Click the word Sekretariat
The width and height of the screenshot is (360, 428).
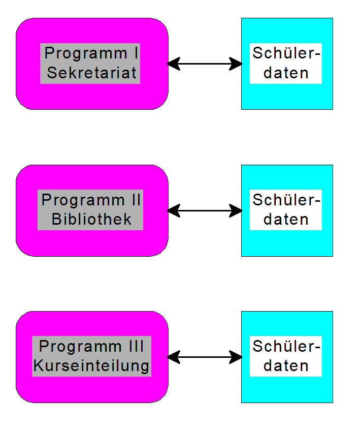pos(92,73)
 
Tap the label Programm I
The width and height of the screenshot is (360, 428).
pos(92,53)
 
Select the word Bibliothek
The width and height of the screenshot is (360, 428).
pos(92,219)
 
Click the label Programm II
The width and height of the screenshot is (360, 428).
pos(92,200)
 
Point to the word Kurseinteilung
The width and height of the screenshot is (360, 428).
pos(92,365)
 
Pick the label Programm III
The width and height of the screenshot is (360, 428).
pos(92,347)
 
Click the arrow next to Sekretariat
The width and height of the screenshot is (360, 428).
pos(205,64)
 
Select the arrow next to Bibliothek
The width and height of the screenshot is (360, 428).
pos(205,210)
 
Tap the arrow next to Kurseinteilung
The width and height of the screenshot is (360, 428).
pos(205,357)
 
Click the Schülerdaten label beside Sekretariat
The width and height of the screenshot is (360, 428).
pos(286,63)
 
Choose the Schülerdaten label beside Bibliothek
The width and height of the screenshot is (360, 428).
pos(286,209)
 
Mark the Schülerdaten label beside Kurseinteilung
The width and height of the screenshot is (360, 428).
pos(286,356)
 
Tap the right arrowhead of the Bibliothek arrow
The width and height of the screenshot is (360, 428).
pos(236,210)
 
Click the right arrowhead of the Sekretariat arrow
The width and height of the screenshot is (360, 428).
pos(236,64)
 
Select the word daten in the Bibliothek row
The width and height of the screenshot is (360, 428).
pos(286,220)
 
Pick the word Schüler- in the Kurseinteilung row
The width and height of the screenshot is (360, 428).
pos(286,347)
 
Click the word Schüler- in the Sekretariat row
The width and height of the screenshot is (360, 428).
pos(286,53)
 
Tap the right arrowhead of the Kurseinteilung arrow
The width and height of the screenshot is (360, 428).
pos(236,357)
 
